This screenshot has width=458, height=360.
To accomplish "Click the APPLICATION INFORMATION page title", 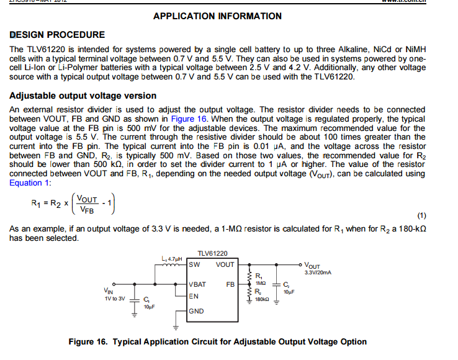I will pyautogui.click(x=217, y=16).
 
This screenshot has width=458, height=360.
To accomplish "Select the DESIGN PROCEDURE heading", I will pyautogui.click(x=58, y=35).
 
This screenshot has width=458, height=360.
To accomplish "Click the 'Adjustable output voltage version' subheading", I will pyautogui.click(x=83, y=96).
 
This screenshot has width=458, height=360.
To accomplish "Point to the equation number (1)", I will pyautogui.click(x=422, y=215).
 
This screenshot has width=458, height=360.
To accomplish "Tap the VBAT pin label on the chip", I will pyautogui.click(x=198, y=285).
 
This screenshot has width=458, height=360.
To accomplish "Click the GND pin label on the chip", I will pyautogui.click(x=196, y=311).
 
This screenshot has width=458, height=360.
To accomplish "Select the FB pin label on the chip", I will pyautogui.click(x=230, y=285).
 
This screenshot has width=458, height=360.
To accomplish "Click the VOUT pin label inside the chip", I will pyautogui.click(x=225, y=264).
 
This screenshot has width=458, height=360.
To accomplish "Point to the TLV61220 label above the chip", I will pyautogui.click(x=212, y=253).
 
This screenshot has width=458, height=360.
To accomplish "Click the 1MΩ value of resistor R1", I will pyautogui.click(x=261, y=282).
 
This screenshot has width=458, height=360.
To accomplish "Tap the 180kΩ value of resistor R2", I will pyautogui.click(x=262, y=299).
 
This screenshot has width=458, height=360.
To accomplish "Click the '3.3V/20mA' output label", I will pyautogui.click(x=320, y=272).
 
